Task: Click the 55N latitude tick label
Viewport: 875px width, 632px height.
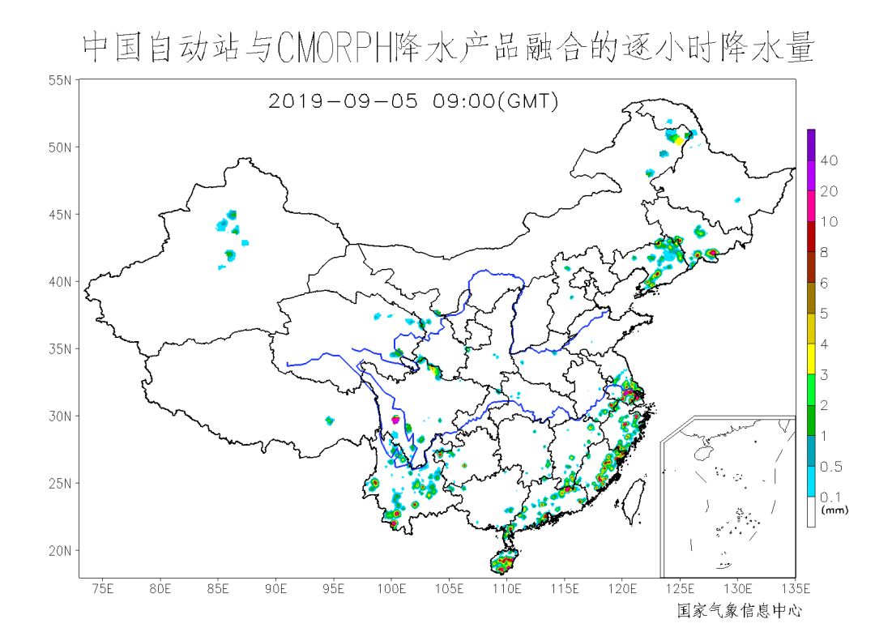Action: click(x=62, y=79)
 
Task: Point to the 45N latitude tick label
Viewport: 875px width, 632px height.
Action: click(x=62, y=215)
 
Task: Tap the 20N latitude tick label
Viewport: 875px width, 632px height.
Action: click(x=62, y=551)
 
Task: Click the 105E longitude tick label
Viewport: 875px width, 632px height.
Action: click(x=449, y=587)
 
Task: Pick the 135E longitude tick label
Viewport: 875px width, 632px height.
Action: click(x=795, y=587)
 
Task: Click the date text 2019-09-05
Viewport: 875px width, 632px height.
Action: click(x=343, y=101)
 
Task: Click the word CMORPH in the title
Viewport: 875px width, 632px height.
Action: click(x=335, y=49)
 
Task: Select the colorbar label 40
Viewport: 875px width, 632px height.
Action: click(x=829, y=160)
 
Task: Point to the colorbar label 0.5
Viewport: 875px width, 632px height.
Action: click(x=831, y=467)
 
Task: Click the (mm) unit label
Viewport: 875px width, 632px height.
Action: click(x=833, y=510)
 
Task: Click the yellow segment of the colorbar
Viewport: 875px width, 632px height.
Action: click(x=811, y=358)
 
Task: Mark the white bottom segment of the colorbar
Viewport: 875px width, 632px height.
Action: click(x=811, y=512)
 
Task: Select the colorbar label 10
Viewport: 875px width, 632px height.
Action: click(x=829, y=222)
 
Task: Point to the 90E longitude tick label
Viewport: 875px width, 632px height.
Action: click(x=276, y=587)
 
